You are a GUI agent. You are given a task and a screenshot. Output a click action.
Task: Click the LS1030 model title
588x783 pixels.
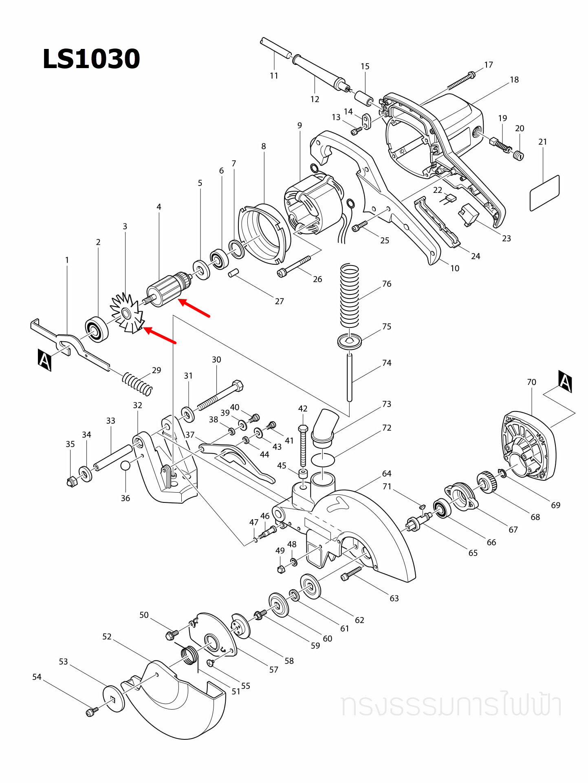pos(91,59)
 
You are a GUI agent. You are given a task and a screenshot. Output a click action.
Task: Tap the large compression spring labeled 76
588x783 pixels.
pos(350,296)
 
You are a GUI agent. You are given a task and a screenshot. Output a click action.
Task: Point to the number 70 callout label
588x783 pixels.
pos(531,382)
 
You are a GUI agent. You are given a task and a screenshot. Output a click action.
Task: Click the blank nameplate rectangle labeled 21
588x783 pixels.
pos(544,193)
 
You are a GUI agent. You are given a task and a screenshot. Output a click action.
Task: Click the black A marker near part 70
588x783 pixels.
pos(565,381)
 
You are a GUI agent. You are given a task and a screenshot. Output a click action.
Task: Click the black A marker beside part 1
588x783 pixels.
pos(44,360)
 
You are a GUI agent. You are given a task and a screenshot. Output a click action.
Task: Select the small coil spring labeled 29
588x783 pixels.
pos(138,384)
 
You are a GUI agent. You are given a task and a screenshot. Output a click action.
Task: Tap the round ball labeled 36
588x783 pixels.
pos(126,466)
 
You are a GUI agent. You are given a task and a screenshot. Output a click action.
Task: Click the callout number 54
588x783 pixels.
pos(37,677)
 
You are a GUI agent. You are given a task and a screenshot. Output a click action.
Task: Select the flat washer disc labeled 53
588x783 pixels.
pos(114,699)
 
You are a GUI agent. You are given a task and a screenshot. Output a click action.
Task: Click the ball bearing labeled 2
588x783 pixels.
pos(97,329)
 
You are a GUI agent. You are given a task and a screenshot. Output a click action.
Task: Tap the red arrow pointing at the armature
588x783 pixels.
pos(194,308)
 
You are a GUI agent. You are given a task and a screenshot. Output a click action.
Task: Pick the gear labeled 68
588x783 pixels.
pos(486,482)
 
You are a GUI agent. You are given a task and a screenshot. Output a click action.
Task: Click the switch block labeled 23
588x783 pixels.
pos(469,215)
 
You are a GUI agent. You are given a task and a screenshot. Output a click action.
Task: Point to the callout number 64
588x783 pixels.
pos(386,473)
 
